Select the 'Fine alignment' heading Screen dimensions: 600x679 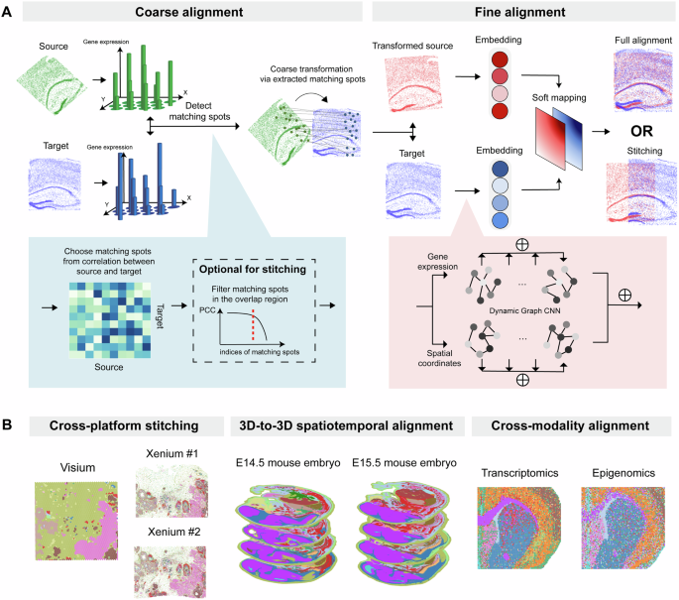pyautogui.click(x=504, y=16)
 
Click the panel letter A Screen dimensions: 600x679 pyautogui.click(x=8, y=12)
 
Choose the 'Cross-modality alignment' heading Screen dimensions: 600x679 pyautogui.click(x=569, y=400)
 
